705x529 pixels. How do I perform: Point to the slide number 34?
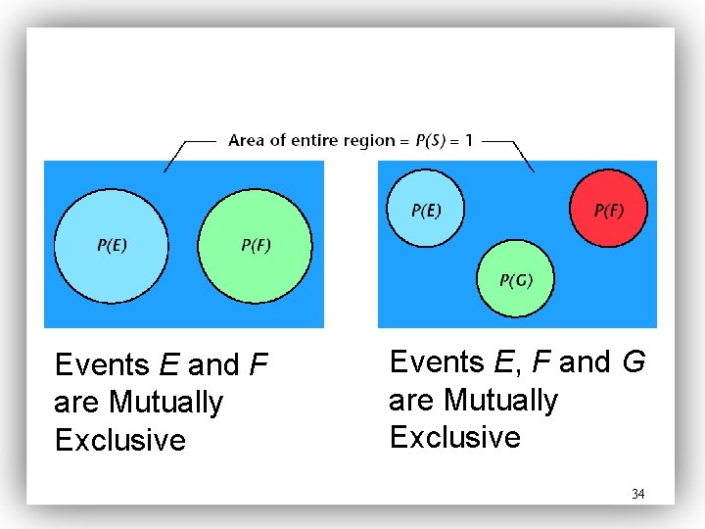coord(638,494)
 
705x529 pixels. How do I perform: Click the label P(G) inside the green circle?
coord(516,281)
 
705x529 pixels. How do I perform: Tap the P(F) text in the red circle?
coord(609,210)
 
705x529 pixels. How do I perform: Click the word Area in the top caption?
coord(245,140)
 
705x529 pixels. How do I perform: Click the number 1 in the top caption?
coord(469,140)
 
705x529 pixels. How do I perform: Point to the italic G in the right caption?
coord(634,362)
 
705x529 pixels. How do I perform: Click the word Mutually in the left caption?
coord(166,403)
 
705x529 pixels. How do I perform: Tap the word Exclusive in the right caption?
coord(454,437)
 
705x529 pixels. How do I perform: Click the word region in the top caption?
coord(370,140)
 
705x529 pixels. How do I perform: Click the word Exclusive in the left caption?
coord(119,441)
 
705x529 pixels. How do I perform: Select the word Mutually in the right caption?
coord(500,400)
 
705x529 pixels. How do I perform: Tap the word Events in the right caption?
coord(437,362)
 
